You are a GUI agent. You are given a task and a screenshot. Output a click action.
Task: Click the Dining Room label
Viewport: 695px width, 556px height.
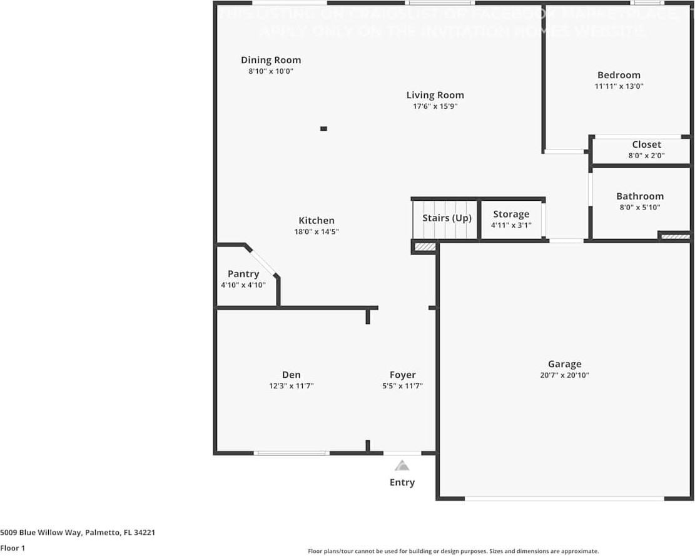click(x=271, y=60)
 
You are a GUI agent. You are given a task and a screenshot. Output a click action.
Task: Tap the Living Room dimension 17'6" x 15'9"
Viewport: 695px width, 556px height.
click(x=435, y=106)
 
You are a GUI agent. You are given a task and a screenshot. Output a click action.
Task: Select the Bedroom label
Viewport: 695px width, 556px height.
click(x=619, y=75)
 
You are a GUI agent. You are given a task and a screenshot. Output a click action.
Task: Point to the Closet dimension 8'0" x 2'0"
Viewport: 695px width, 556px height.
click(x=646, y=156)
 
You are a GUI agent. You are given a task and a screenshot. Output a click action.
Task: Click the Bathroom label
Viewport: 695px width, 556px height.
click(x=640, y=196)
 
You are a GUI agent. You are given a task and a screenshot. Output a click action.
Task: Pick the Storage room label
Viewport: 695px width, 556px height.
click(x=511, y=214)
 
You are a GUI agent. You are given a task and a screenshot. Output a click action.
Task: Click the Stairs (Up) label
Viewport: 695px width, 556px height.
click(x=447, y=218)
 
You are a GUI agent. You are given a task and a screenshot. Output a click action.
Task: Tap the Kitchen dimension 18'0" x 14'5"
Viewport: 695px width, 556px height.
click(x=317, y=231)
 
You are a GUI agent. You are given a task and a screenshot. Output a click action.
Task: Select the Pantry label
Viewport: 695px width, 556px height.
click(x=243, y=274)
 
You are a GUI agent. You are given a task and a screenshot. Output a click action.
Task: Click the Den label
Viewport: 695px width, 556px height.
click(x=292, y=375)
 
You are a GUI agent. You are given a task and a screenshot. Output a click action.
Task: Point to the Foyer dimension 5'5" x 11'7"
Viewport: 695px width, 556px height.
click(x=402, y=386)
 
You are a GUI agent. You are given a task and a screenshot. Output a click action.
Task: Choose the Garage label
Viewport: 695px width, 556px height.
click(x=564, y=364)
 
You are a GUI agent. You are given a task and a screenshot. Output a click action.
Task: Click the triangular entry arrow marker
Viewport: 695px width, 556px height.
click(x=402, y=465)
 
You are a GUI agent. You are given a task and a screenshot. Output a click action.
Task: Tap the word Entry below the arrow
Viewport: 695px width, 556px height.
click(x=402, y=482)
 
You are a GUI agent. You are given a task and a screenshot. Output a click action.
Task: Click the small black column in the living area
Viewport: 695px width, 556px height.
click(x=323, y=129)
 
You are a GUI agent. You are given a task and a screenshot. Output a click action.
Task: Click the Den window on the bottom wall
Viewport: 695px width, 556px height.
click(x=292, y=453)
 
